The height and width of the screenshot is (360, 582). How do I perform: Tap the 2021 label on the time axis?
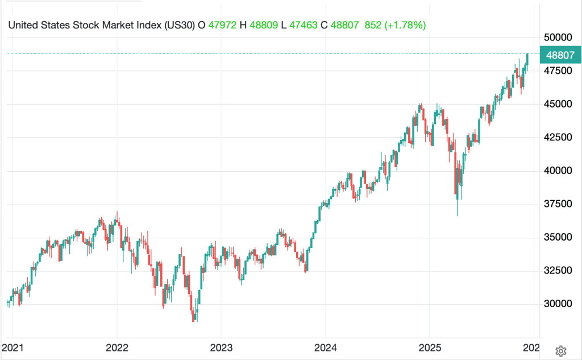point(13,347)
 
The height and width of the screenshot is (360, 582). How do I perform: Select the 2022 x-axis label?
point(117,347)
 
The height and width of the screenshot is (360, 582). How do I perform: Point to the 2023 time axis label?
point(221,347)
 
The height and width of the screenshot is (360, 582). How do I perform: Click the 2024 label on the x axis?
point(325,347)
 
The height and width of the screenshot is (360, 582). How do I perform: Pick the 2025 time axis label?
point(429,347)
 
